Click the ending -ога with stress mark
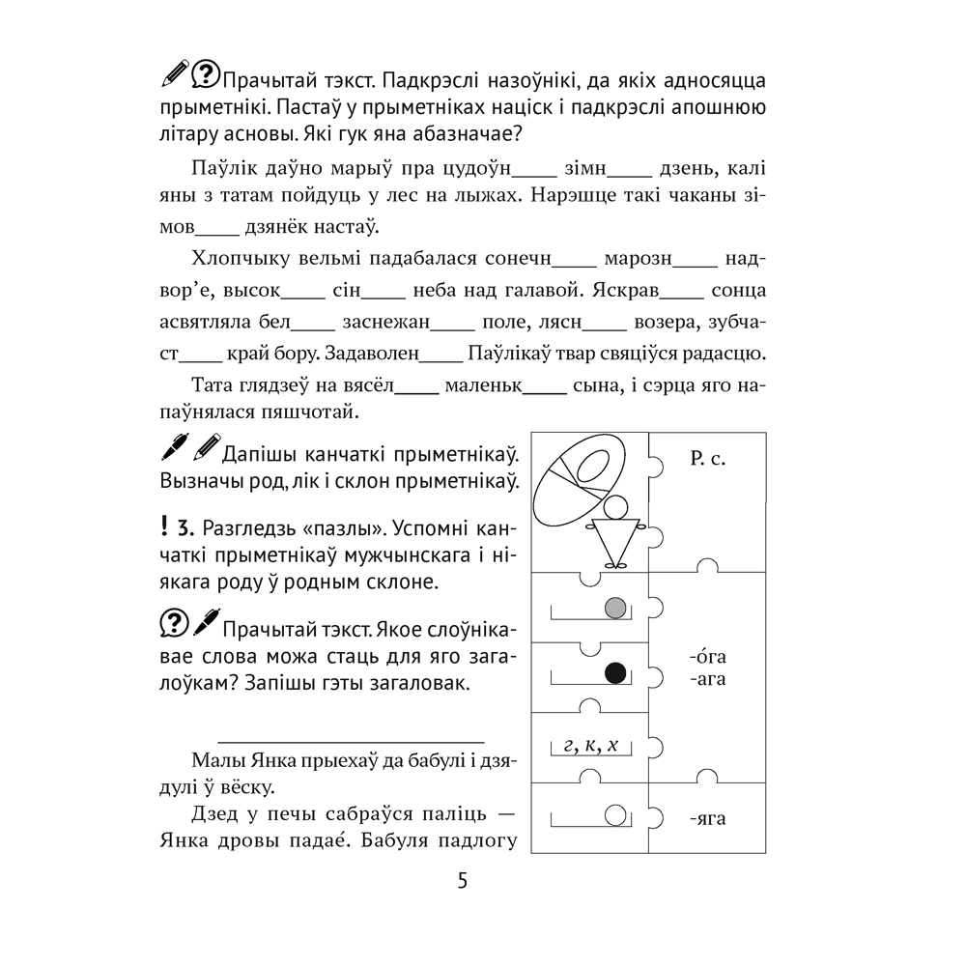coord(708,658)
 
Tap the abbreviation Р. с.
coord(708,460)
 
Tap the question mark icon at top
coord(205,73)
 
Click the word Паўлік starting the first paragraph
coord(221,170)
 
